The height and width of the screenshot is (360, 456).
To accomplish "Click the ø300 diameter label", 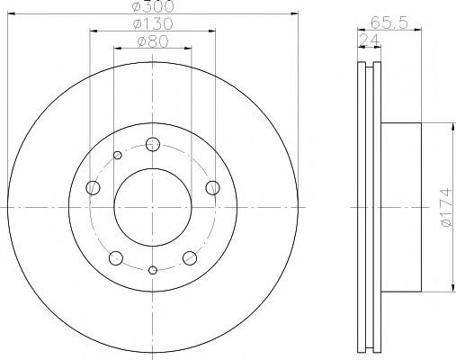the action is click(x=153, y=6).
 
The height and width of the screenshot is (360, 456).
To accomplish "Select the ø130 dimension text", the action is click(x=153, y=23).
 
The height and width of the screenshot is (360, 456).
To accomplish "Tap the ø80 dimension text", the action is click(x=153, y=41).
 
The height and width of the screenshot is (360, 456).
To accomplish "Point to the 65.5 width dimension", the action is click(x=389, y=22).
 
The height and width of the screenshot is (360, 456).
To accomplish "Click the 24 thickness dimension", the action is click(x=370, y=40).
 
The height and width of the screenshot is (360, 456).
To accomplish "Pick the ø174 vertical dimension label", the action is click(x=446, y=207).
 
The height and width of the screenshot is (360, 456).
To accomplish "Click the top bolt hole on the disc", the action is click(x=153, y=144).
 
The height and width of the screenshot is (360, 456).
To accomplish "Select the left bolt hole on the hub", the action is click(x=93, y=188).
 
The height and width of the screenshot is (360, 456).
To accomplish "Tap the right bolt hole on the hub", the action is click(x=212, y=188).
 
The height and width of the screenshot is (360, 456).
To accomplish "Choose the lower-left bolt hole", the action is click(x=116, y=258).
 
